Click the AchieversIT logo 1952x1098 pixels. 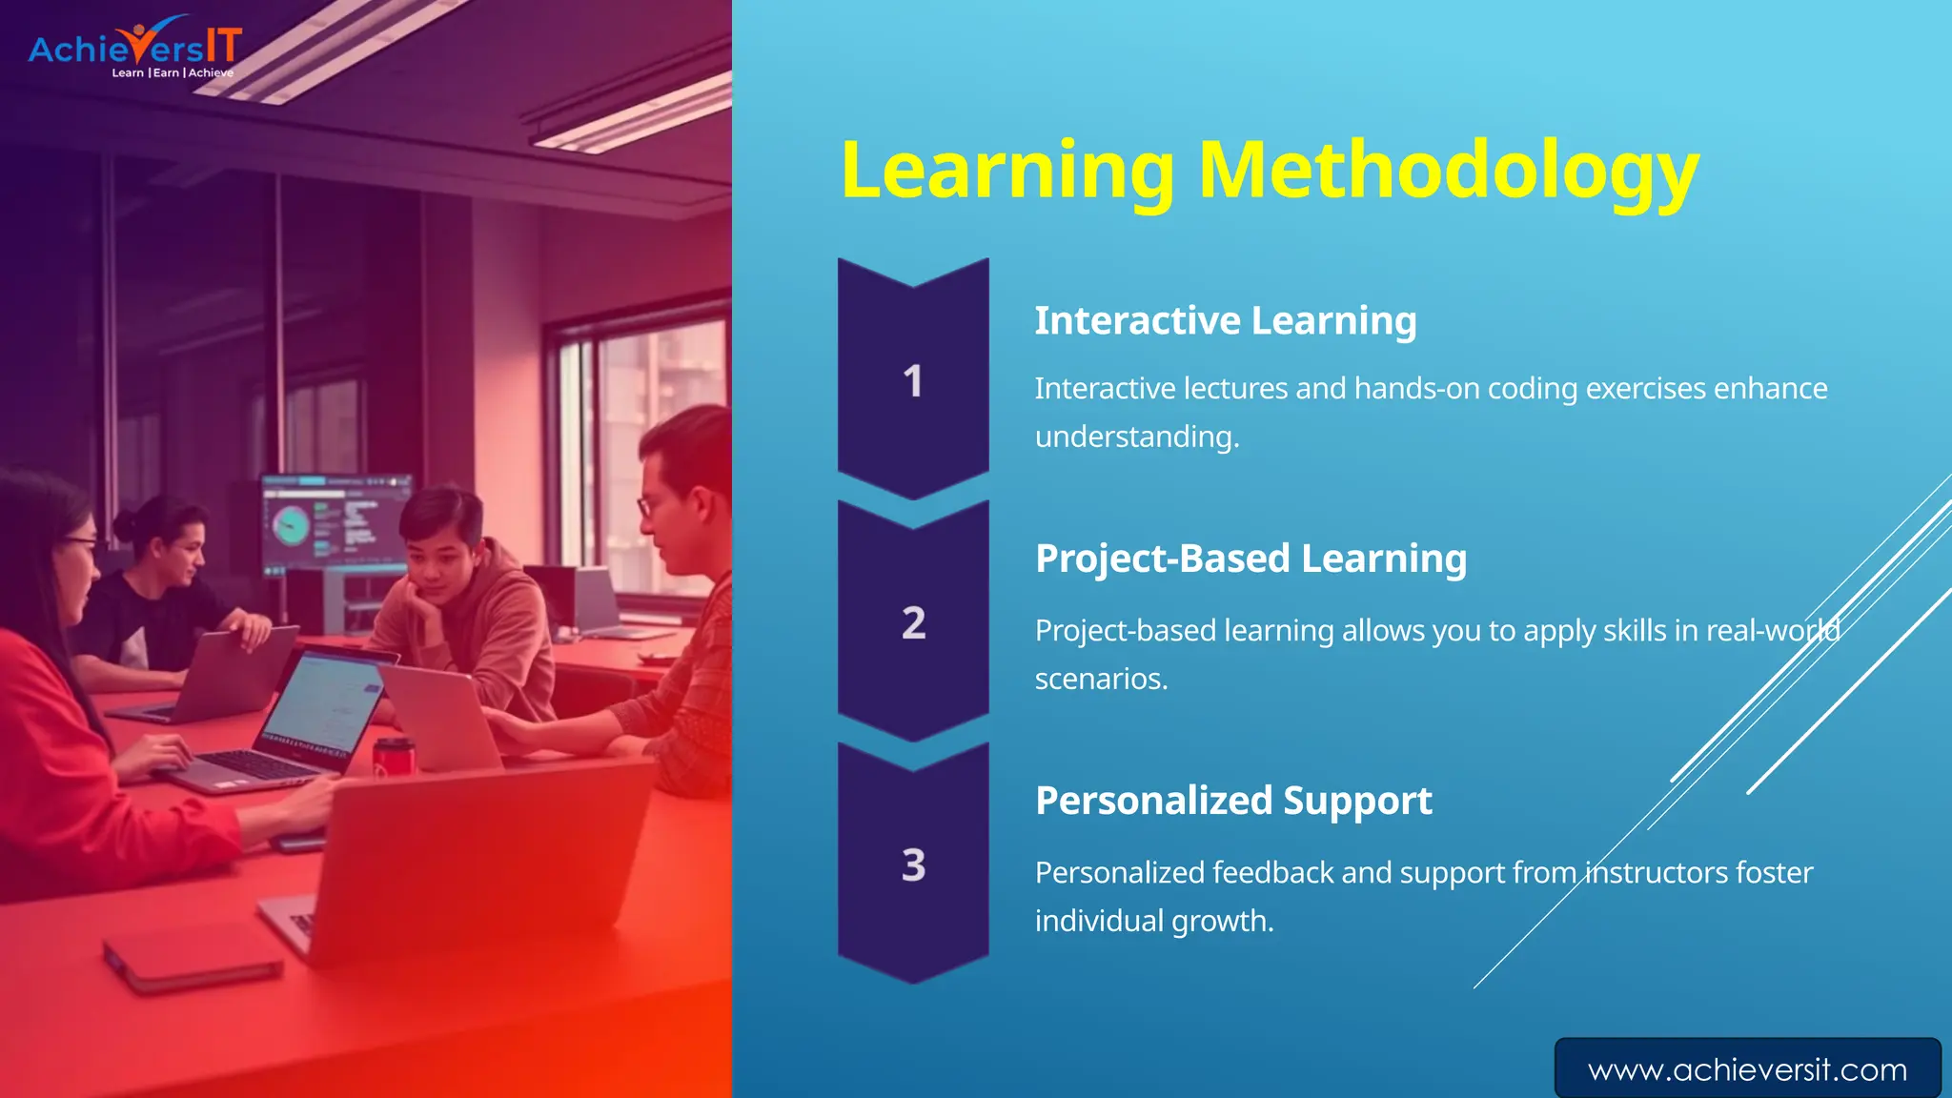pos(134,46)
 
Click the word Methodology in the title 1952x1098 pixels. pos(1448,172)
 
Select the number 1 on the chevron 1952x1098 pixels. pos(913,381)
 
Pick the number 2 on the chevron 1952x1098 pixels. pos(913,623)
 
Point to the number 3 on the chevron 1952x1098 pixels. pos(913,865)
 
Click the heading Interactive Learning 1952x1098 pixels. pos(1225,321)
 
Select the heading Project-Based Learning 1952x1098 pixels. pos(1250,559)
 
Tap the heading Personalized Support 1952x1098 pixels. pos(1233,801)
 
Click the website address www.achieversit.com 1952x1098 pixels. pos(1747,1069)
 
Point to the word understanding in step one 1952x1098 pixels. pos(1136,437)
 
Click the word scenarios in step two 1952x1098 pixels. pos(1100,679)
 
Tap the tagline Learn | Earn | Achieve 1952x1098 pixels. pos(173,72)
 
